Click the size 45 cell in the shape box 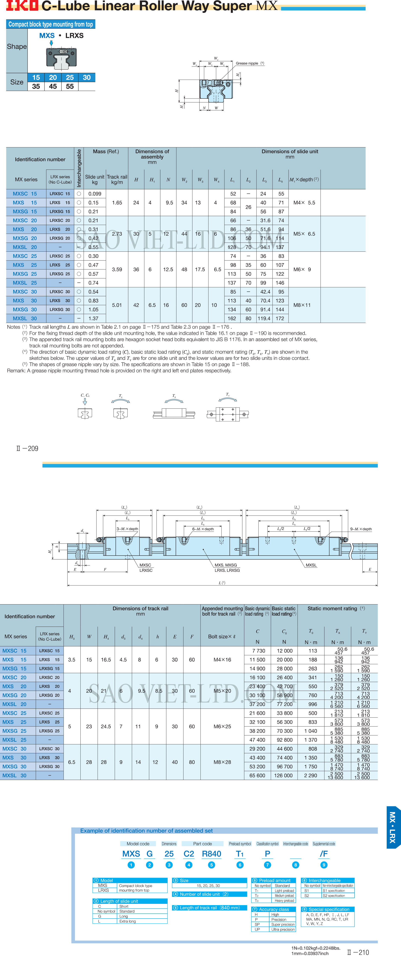(x=53, y=86)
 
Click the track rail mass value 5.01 (x=117, y=305)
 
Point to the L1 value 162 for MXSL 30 (x=232, y=318)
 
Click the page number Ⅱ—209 (x=27, y=448)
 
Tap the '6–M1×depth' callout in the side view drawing (x=203, y=529)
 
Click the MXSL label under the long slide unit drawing (x=311, y=565)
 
